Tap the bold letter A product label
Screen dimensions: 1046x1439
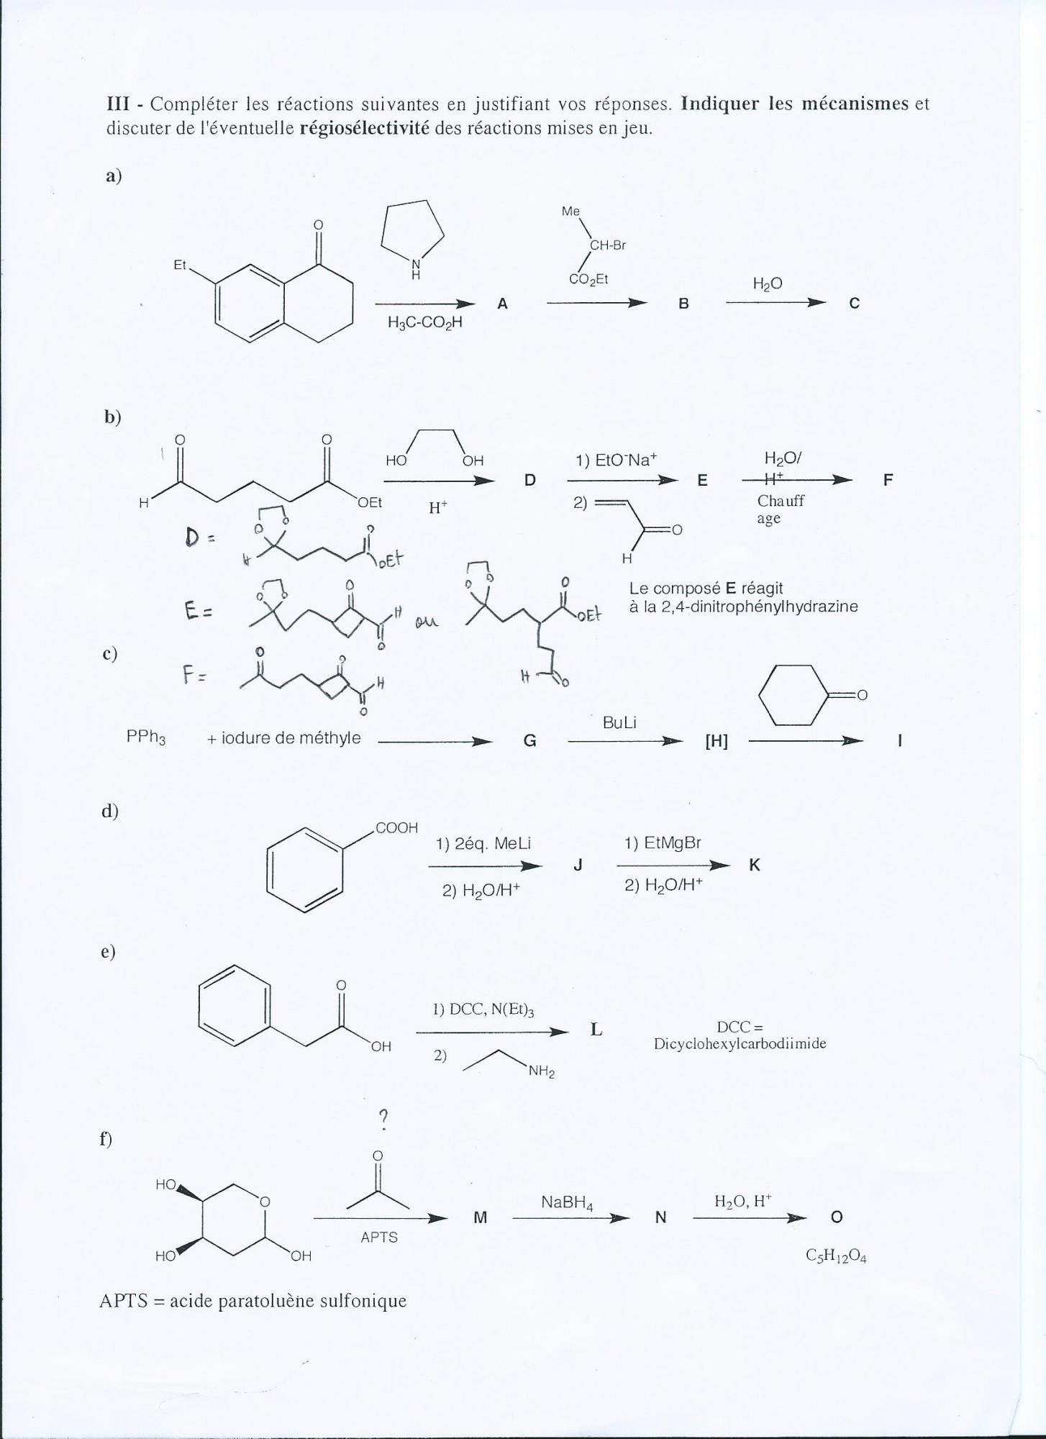point(502,304)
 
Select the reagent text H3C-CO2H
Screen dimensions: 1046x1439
point(424,323)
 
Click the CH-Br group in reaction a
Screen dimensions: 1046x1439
point(607,245)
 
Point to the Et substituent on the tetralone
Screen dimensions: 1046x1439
point(180,265)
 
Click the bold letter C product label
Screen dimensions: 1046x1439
point(854,304)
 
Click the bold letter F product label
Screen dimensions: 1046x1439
point(888,480)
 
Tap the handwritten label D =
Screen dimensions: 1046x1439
point(196,537)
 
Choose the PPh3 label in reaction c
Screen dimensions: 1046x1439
point(146,738)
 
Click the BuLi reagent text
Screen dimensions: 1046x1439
point(619,722)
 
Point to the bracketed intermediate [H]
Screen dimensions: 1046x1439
point(716,742)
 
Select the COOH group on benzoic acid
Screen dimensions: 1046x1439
point(396,827)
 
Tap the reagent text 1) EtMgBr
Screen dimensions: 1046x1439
point(663,843)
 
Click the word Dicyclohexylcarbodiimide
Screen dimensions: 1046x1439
point(740,1043)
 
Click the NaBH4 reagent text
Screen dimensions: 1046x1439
point(567,1202)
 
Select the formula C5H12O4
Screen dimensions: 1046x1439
point(836,1257)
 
